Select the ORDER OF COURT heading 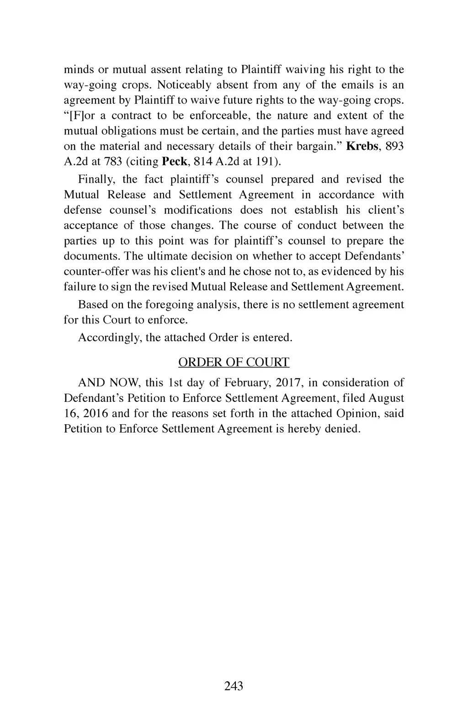tap(234, 362)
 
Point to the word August tap(386, 398)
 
